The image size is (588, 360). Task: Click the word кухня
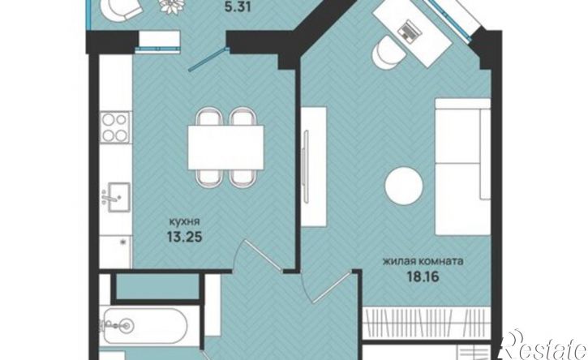click(x=184, y=221)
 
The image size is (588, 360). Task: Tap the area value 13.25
click(x=184, y=237)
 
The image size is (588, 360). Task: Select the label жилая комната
click(x=423, y=261)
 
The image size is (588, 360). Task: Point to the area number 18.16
click(x=423, y=276)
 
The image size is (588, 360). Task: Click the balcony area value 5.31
click(x=237, y=6)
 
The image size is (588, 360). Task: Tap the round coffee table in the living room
click(x=404, y=186)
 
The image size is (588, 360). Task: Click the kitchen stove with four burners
click(x=115, y=127)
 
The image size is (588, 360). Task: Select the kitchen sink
click(x=116, y=197)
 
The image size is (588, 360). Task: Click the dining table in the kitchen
click(x=225, y=148)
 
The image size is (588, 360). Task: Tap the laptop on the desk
click(x=410, y=29)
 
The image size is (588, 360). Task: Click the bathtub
click(x=144, y=325)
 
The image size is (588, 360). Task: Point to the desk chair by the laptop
click(x=388, y=53)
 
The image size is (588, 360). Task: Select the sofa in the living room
click(x=463, y=166)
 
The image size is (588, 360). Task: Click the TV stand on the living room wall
click(x=314, y=166)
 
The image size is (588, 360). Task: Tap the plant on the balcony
click(x=172, y=6)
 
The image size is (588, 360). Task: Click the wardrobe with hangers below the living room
click(x=427, y=324)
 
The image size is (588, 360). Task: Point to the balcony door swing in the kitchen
click(x=208, y=58)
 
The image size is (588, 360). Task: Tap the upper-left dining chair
click(x=208, y=116)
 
